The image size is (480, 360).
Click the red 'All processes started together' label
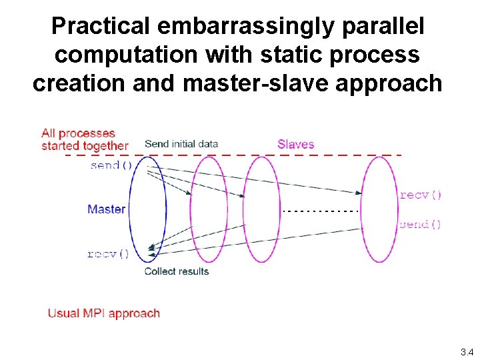[84, 139]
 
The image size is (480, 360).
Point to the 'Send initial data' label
[181, 144]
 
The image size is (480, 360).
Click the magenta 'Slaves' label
[296, 144]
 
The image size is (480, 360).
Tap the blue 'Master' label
[106, 209]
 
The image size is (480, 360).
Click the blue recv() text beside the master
[107, 254]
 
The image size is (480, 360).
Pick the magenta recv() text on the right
[421, 195]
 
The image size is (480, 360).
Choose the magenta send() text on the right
[420, 225]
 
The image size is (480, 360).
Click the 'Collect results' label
[177, 271]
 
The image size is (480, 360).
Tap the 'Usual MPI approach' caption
[104, 313]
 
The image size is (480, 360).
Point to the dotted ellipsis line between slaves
[321, 211]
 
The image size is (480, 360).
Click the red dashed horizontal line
[233, 155]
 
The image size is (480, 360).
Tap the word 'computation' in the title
[125, 55]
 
